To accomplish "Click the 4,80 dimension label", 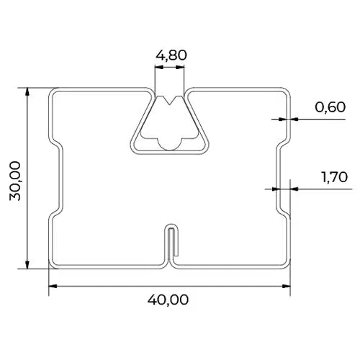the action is pos(171,55).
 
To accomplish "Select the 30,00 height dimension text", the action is pos(15,181).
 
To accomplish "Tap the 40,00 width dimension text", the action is pos(168,300).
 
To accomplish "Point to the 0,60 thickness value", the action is pos(330,107).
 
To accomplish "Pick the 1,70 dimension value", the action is pos(334,177).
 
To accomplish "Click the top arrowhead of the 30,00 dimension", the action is pos(27,92).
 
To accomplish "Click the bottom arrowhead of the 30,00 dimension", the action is pos(27,264).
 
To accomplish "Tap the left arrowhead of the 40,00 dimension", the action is pos(53,286).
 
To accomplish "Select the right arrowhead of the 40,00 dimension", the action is pos(286,286).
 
